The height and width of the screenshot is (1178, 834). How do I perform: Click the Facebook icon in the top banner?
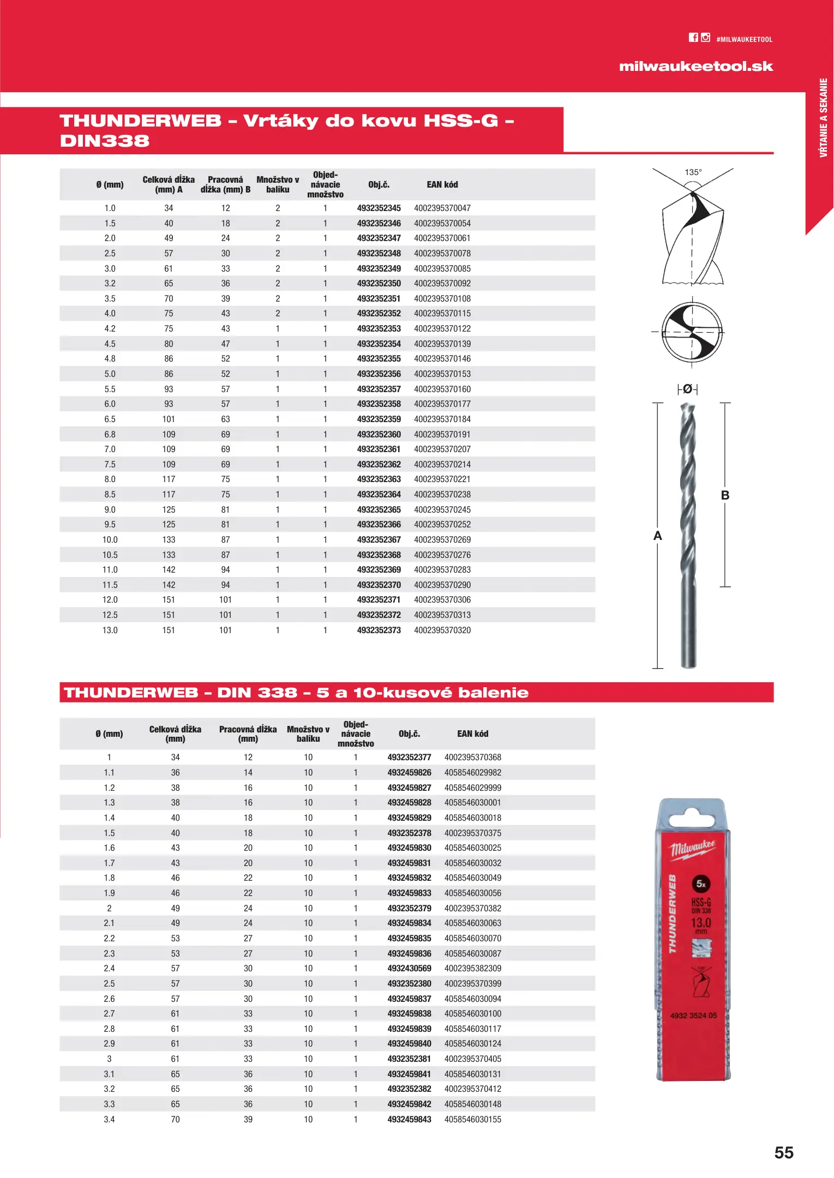pyautogui.click(x=693, y=38)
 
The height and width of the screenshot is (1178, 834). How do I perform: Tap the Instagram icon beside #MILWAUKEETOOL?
pyautogui.click(x=706, y=37)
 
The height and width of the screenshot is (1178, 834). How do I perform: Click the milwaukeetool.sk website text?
pyautogui.click(x=696, y=67)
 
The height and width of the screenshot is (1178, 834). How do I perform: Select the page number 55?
pyautogui.click(x=784, y=1152)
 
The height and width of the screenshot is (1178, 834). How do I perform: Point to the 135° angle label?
pyautogui.click(x=693, y=172)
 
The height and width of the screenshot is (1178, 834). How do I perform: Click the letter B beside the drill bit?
pyautogui.click(x=725, y=495)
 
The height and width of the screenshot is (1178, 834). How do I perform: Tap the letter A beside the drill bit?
pyautogui.click(x=658, y=536)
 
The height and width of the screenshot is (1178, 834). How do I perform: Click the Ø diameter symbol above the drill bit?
pyautogui.click(x=688, y=389)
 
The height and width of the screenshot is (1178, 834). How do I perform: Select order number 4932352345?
pyautogui.click(x=379, y=208)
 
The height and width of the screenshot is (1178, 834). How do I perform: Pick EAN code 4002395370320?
pyautogui.click(x=442, y=630)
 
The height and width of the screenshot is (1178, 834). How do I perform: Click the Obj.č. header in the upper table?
pyautogui.click(x=379, y=185)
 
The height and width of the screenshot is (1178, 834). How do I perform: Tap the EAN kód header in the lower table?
pyautogui.click(x=472, y=734)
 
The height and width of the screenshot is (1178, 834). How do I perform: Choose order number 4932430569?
pyautogui.click(x=409, y=969)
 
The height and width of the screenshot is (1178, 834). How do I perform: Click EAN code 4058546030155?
pyautogui.click(x=472, y=1120)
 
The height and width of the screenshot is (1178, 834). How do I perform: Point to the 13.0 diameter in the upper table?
pyautogui.click(x=110, y=630)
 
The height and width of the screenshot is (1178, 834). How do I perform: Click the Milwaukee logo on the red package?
pyautogui.click(x=693, y=849)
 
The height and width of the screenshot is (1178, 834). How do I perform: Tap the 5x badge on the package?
pyautogui.click(x=701, y=884)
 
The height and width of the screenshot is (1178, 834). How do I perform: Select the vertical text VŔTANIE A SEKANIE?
pyautogui.click(x=824, y=118)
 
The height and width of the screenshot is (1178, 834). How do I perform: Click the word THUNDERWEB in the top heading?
pyautogui.click(x=141, y=121)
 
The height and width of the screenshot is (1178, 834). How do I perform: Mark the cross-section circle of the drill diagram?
pyautogui.click(x=692, y=332)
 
